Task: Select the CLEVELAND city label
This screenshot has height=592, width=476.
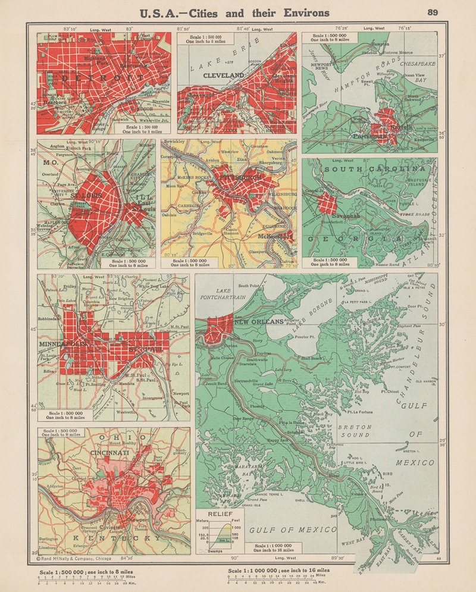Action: pos(224,76)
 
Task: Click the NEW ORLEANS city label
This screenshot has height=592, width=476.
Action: pos(259,322)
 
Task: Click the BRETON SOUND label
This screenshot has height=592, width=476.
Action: pos(354,431)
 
